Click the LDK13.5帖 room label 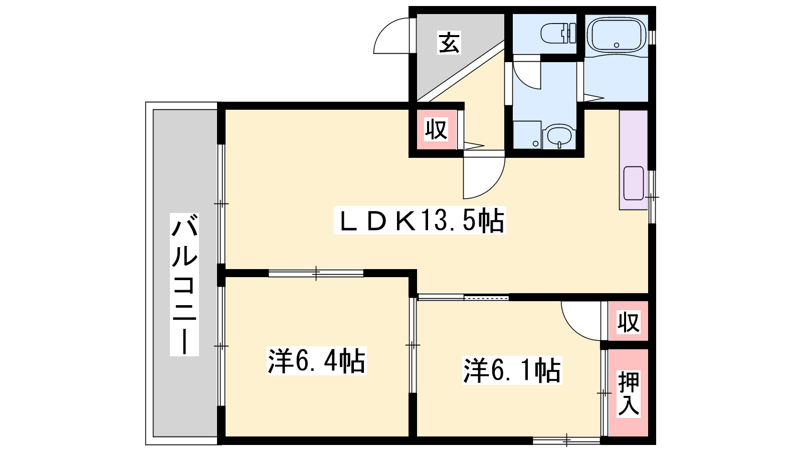(420, 220)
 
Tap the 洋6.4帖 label (316, 360)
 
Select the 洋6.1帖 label (512, 370)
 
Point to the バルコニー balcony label (184, 285)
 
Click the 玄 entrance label (449, 42)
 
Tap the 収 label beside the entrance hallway (436, 130)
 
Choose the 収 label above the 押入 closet (629, 322)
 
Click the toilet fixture (558, 33)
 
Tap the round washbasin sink (559, 136)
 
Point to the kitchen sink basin (634, 183)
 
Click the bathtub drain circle (617, 45)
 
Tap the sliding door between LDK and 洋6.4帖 (316, 274)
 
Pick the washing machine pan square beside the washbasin (527, 135)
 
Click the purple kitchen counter (634, 160)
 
